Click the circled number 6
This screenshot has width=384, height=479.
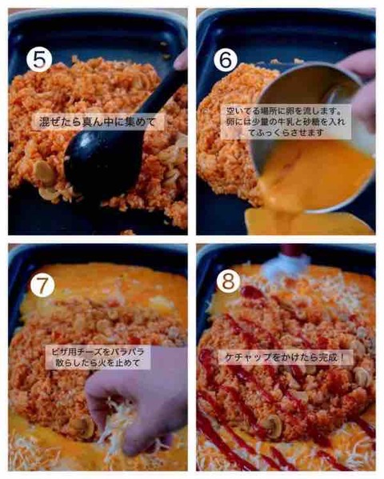pyautogui.click(x=226, y=60)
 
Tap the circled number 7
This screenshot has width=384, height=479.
pyautogui.click(x=42, y=285)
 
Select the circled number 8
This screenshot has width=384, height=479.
pyautogui.click(x=228, y=282)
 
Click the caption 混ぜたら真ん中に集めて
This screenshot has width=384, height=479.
pyautogui.click(x=98, y=122)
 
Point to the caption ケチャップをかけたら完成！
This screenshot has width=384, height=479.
pyautogui.click(x=286, y=357)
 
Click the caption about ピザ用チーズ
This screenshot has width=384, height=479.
pyautogui.click(x=98, y=357)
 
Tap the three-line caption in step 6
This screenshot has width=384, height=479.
pyautogui.click(x=286, y=121)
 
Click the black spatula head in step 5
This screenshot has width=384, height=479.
pyautogui.click(x=98, y=162)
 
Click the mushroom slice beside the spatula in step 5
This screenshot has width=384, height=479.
pyautogui.click(x=45, y=173)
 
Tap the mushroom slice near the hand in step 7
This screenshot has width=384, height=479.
pyautogui.click(x=82, y=426)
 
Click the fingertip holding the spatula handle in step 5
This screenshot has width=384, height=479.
pyautogui.click(x=181, y=59)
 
